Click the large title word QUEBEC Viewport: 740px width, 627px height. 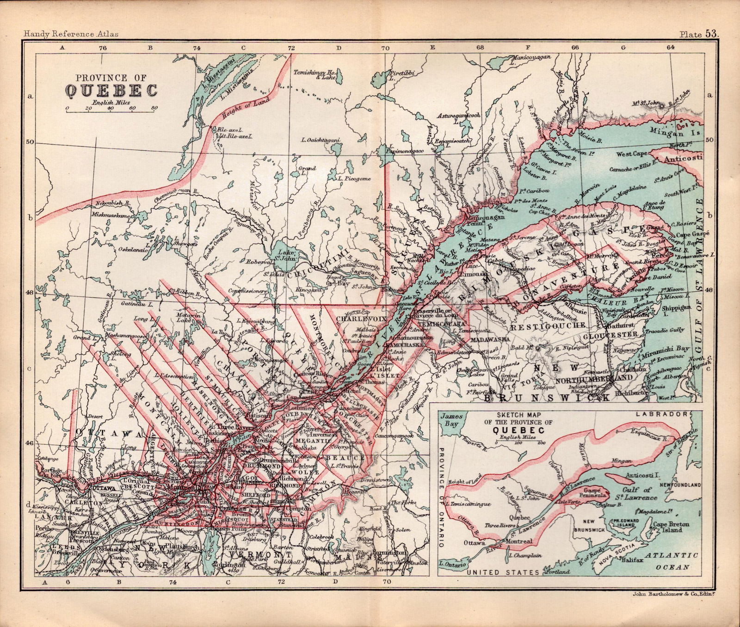click(x=111, y=90)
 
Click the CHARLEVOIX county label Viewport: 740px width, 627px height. click(x=355, y=319)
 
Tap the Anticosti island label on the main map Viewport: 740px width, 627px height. click(x=682, y=159)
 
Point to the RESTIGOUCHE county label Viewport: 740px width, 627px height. click(x=538, y=326)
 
